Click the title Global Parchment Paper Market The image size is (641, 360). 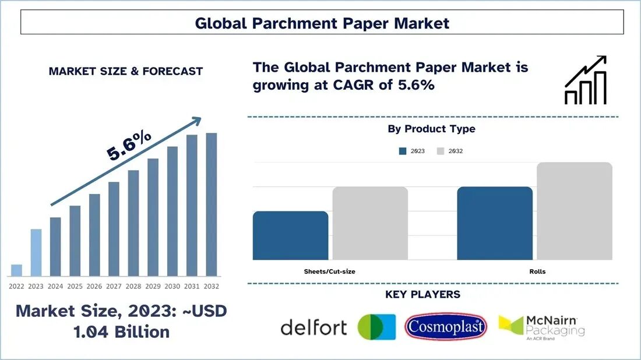point(322,23)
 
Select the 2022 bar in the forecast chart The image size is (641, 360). point(17,270)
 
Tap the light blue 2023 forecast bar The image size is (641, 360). point(36,252)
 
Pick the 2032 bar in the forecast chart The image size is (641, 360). point(211,204)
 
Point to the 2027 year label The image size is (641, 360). point(114,287)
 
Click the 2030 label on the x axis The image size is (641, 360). point(172,287)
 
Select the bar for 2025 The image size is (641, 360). point(75,241)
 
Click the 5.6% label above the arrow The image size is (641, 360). point(129,146)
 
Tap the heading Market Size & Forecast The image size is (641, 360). point(126,72)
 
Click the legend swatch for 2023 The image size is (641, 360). point(403,151)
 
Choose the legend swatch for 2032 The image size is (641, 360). point(441,151)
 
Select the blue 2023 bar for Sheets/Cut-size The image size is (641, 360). point(290,235)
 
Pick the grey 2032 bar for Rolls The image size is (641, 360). point(574,211)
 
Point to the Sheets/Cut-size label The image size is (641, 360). point(330,271)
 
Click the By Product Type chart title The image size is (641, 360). point(431,129)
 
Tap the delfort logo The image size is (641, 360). point(314,327)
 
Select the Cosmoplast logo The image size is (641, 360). point(445,327)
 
